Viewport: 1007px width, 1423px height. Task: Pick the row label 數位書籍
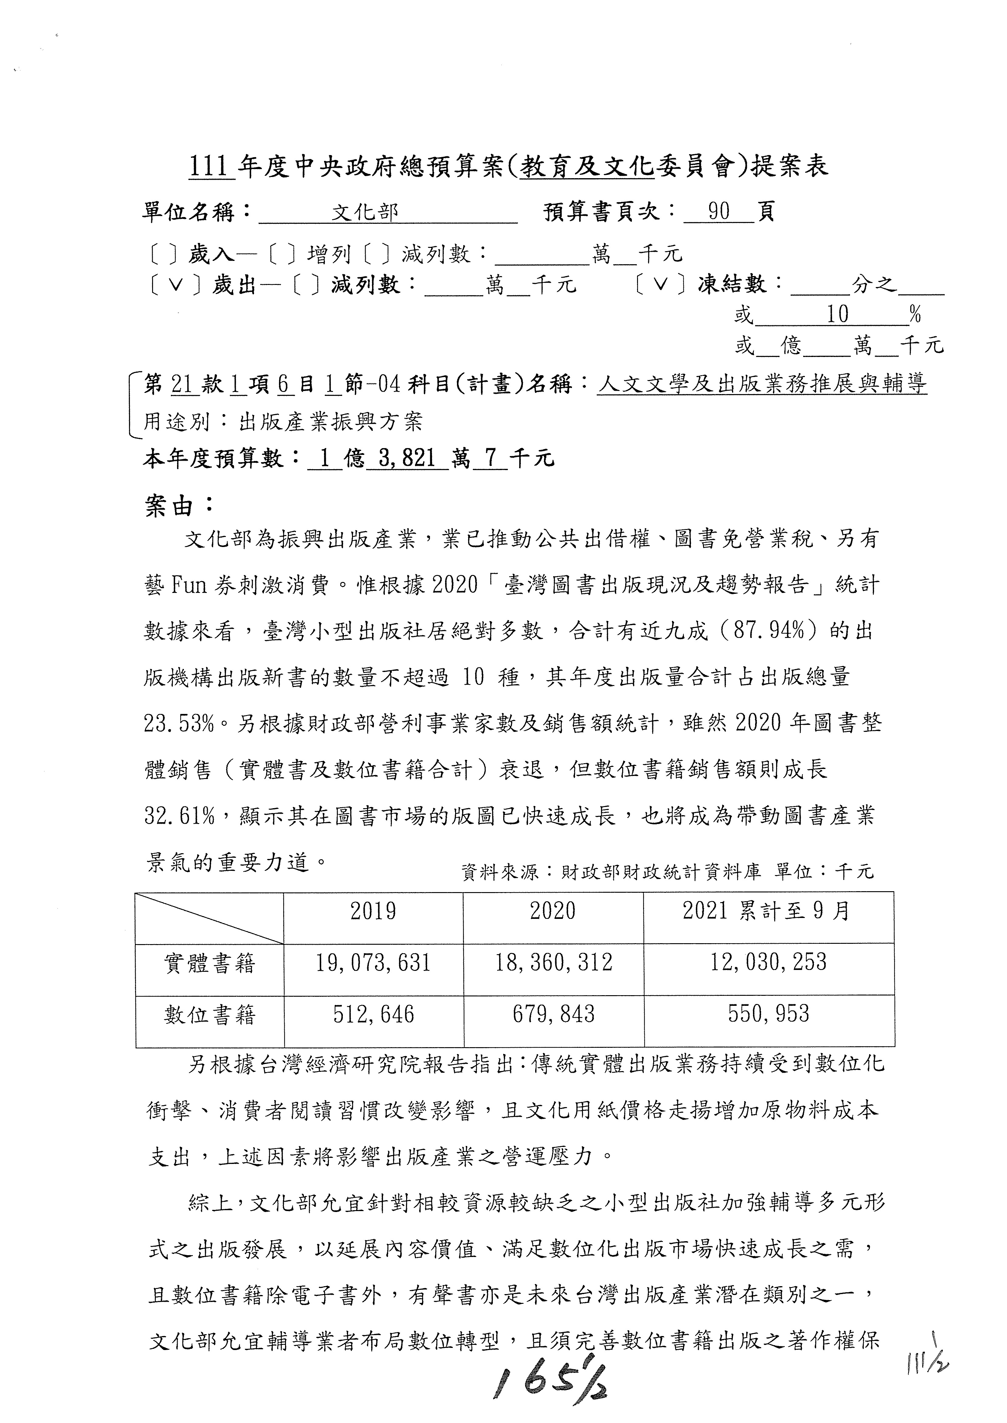click(210, 1015)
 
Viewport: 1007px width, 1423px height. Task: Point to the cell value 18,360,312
click(553, 963)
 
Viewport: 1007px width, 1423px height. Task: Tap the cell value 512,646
click(373, 1015)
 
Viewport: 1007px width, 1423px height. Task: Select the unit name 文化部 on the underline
click(364, 213)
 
